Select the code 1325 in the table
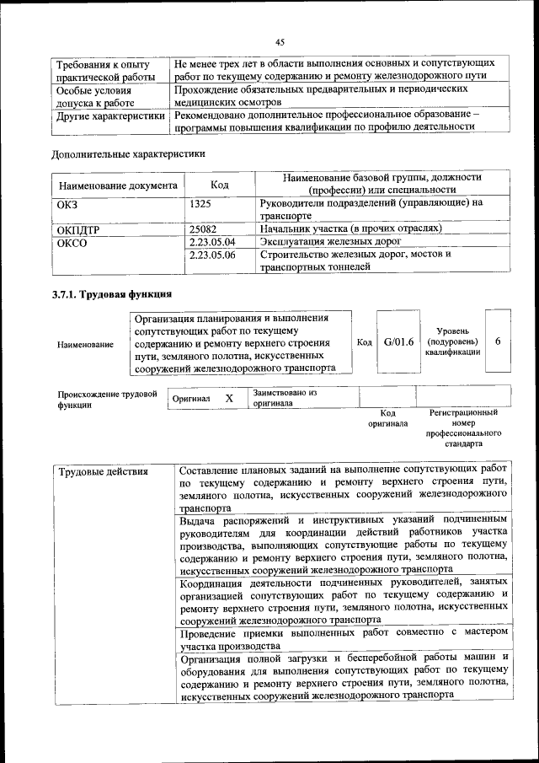click(200, 203)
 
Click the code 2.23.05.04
click(212, 241)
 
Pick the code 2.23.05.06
click(212, 254)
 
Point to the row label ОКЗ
click(67, 203)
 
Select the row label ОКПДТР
click(79, 228)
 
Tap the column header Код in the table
click(220, 184)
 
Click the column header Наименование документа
click(118, 185)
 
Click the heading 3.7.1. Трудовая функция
click(112, 294)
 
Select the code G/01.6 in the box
click(398, 342)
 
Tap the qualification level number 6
click(498, 341)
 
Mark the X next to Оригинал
click(229, 397)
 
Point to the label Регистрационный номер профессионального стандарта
click(463, 427)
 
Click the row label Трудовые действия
click(103, 471)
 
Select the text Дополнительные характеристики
click(128, 153)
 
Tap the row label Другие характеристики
click(110, 116)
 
